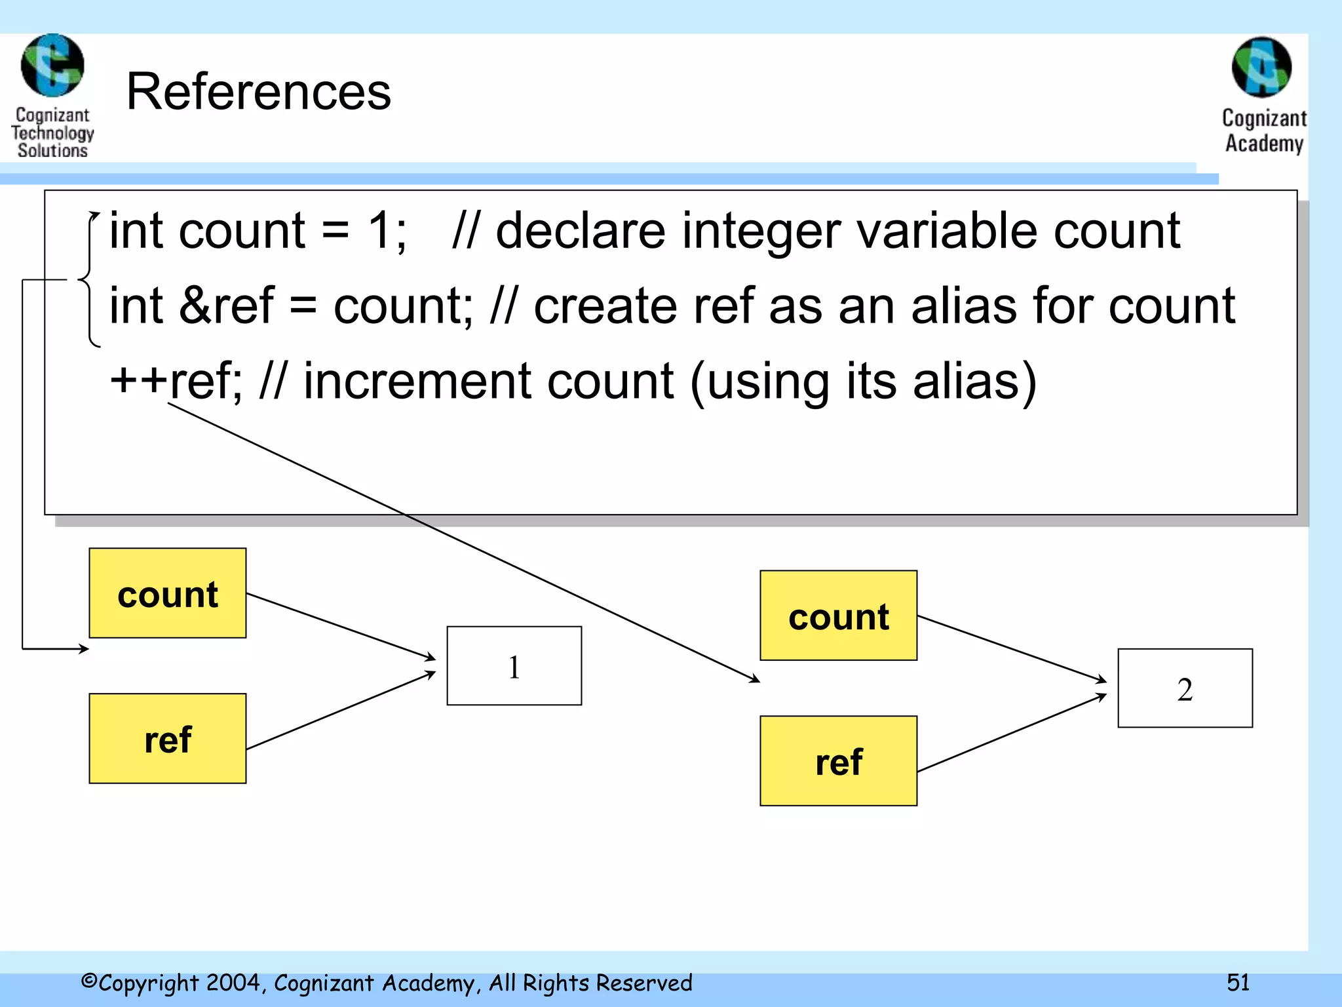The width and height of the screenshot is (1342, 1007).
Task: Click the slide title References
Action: (x=258, y=92)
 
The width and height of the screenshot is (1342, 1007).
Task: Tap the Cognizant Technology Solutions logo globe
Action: (x=52, y=66)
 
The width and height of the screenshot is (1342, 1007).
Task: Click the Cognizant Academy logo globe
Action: (x=1261, y=67)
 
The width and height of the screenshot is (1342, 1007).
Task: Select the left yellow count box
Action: (x=168, y=593)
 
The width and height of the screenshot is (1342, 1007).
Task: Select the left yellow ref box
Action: (x=168, y=739)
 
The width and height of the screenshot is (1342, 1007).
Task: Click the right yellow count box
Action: (x=838, y=616)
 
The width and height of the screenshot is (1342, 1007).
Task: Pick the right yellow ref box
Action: (x=838, y=761)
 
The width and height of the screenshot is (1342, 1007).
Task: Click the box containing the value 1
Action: (x=514, y=666)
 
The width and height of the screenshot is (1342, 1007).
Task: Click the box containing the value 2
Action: (x=1185, y=688)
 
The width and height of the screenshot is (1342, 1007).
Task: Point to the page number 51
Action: (x=1238, y=982)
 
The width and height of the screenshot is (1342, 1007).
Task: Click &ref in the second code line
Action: (x=226, y=306)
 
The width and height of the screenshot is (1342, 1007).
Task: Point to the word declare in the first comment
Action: (x=581, y=231)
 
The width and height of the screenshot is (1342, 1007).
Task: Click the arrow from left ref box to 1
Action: (x=341, y=711)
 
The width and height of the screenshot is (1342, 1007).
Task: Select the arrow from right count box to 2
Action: (x=1012, y=649)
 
